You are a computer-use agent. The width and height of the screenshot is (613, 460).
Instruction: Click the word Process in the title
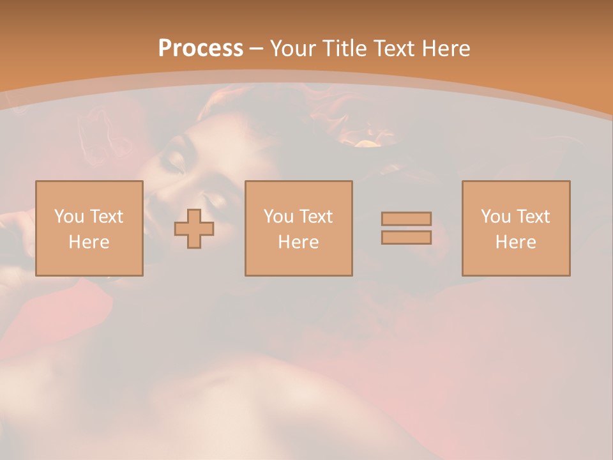[201, 49]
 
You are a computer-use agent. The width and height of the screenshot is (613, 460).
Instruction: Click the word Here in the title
[446, 49]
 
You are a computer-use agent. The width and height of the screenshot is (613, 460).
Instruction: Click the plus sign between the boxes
[194, 229]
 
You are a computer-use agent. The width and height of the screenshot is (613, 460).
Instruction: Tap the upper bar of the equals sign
[406, 218]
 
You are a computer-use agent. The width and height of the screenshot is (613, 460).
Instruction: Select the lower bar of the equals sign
[406, 238]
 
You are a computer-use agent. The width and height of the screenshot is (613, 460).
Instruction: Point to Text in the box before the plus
[105, 217]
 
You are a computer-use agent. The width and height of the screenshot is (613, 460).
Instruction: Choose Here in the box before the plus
[89, 242]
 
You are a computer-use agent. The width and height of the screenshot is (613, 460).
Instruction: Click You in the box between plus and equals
[278, 217]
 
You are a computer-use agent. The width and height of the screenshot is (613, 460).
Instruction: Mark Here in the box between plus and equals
[298, 242]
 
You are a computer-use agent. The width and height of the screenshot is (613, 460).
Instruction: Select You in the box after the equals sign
[496, 217]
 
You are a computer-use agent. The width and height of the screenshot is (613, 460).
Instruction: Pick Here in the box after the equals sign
[515, 242]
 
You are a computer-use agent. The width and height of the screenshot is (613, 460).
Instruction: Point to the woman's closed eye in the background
[173, 164]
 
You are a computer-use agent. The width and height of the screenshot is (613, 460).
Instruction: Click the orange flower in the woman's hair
[367, 142]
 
